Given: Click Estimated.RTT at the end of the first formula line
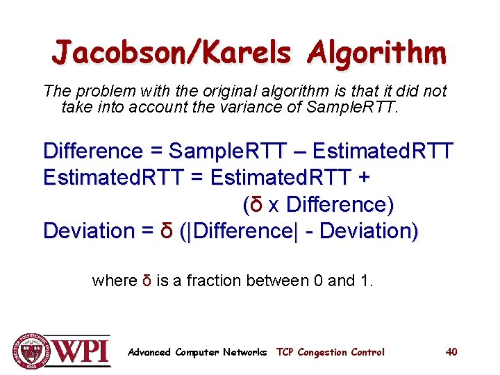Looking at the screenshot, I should coord(383,151).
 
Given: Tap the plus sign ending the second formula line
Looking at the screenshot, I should coord(363,178).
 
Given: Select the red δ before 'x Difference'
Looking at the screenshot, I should coord(256,205).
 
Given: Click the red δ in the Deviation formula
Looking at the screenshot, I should coord(167,231).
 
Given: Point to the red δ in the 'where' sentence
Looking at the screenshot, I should coord(147,281).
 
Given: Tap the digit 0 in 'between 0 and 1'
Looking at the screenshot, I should coord(318,281).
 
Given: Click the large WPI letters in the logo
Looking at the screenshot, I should coord(82,350).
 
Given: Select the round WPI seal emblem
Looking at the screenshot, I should coord(30,351).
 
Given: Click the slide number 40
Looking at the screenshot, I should coord(451,352).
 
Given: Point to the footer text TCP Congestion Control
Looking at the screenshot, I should coord(330,352).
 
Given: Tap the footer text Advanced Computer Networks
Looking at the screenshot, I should coord(197,352).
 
